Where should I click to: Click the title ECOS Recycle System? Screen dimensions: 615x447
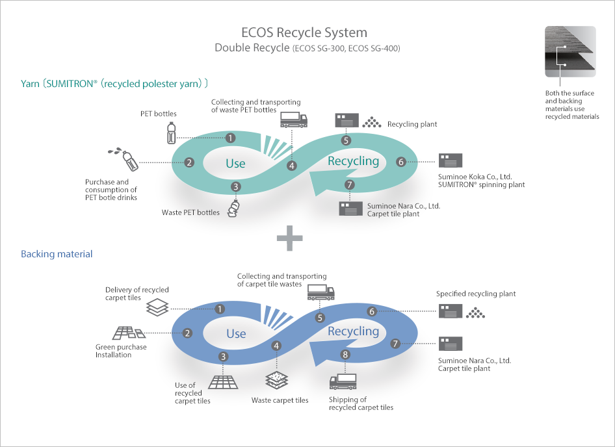click(304, 32)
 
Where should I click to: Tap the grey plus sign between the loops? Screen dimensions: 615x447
click(289, 238)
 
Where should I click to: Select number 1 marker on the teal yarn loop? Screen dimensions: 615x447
click(231, 138)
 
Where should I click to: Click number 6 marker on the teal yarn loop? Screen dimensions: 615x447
click(401, 162)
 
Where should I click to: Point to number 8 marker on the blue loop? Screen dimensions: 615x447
click(345, 355)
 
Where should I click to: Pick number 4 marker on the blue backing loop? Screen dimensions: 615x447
click(276, 346)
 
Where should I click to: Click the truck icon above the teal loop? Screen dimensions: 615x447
click(294, 120)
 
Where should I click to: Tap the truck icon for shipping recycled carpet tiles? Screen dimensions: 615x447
click(343, 381)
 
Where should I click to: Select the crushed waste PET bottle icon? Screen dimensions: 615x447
click(233, 208)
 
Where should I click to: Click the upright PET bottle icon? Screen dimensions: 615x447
click(172, 133)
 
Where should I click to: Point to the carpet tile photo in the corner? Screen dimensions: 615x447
click(570, 51)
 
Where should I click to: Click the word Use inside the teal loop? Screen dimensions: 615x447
click(235, 163)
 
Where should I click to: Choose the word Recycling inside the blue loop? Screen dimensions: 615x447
click(354, 331)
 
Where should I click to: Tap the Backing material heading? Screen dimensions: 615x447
click(57, 254)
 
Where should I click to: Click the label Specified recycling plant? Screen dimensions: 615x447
click(476, 294)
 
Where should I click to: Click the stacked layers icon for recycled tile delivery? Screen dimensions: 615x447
click(157, 307)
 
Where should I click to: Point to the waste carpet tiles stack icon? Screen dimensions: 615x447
click(276, 380)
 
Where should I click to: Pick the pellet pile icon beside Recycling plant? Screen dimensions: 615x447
click(372, 122)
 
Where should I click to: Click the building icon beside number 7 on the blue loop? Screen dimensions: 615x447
click(451, 344)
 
